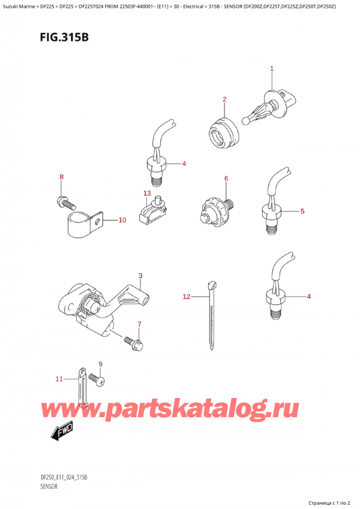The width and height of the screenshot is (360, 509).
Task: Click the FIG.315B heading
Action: coord(48,37)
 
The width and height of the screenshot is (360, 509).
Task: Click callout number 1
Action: coord(271,69)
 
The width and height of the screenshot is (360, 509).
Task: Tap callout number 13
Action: coord(147,193)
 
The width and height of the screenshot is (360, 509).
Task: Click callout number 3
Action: coord(140,276)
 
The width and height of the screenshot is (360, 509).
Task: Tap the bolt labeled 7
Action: coord(132,343)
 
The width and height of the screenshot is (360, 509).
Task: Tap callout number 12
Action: coord(186,297)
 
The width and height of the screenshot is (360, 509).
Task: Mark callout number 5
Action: coord(302,211)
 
